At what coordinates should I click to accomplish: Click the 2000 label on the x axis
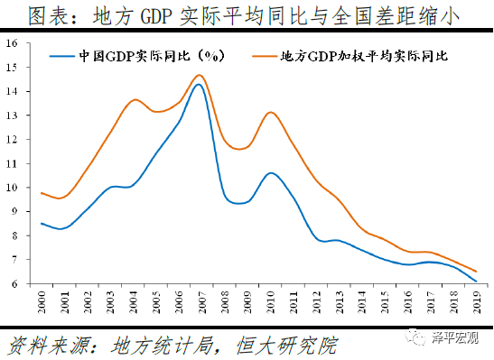42,301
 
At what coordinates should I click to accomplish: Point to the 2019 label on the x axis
475,301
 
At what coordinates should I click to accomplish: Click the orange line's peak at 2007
200,76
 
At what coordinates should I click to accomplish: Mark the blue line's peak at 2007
199,85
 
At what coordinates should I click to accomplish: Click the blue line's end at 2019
476,281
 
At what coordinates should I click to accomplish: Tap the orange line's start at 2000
42,192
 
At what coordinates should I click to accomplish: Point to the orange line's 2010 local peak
271,113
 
